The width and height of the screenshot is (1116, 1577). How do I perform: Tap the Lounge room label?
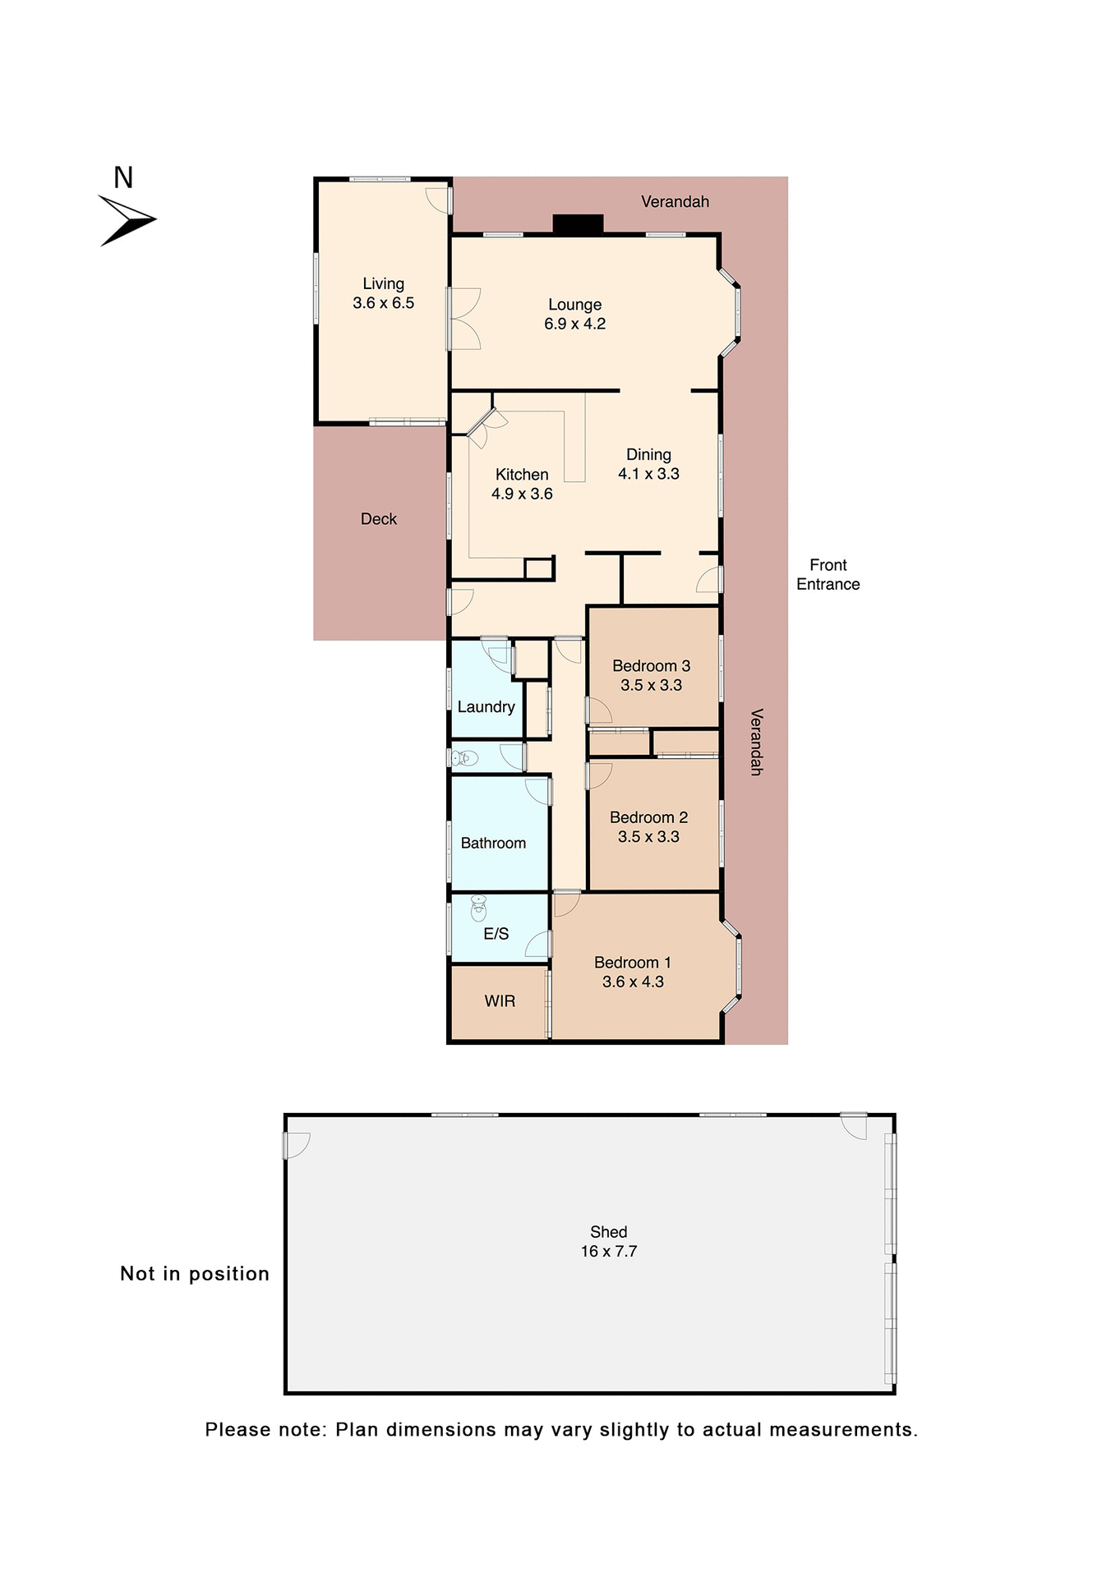point(574,305)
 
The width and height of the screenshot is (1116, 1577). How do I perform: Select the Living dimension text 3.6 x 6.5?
point(383,303)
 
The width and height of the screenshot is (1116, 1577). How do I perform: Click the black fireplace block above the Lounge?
point(578,223)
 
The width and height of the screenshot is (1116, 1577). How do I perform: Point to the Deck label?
point(378,519)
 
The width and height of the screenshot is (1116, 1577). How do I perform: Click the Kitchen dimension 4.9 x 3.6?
point(522,494)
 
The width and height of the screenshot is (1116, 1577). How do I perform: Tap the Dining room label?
point(648,454)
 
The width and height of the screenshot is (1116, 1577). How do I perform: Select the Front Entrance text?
point(828,574)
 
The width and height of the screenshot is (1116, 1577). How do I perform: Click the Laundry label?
point(486,706)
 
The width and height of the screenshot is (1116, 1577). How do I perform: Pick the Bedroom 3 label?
point(651,665)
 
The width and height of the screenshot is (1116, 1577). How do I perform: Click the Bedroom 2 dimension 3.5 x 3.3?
point(648,836)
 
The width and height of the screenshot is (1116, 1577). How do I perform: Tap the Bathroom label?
point(493,843)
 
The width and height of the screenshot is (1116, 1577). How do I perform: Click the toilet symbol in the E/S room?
point(478,908)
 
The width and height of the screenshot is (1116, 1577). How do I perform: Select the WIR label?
point(500,1000)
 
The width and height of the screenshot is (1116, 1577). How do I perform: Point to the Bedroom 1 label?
point(632,962)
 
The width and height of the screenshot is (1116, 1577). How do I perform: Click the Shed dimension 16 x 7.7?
point(608,1251)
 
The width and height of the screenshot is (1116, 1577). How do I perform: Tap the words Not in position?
point(195,1273)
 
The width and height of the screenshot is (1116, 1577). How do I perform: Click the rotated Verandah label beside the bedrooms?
point(756,742)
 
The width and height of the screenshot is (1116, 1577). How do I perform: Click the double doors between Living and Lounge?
point(462,319)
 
